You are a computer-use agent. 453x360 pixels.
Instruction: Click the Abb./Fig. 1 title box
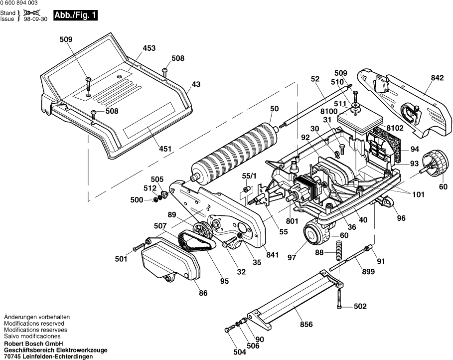(x=75, y=15)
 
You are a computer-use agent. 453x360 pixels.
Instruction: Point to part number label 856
(x=306, y=325)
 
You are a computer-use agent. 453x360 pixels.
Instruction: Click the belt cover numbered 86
(x=159, y=264)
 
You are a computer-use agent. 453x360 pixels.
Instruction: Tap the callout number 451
(x=165, y=149)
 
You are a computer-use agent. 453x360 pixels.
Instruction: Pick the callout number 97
(x=292, y=257)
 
